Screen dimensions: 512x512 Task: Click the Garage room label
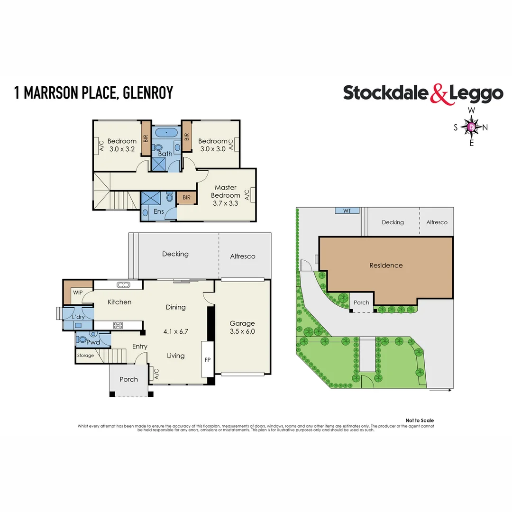[242, 323]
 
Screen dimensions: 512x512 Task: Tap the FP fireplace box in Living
[207, 359]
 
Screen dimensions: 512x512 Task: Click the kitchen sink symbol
[124, 284]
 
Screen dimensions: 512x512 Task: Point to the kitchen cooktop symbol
[118, 325]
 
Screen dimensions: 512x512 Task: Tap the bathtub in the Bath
[165, 132]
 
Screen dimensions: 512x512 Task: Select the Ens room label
[159, 211]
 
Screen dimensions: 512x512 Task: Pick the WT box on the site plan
[347, 210]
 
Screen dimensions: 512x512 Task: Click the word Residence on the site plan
[386, 265]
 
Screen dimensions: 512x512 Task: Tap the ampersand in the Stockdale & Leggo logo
[439, 93]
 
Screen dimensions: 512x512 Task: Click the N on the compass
[485, 127]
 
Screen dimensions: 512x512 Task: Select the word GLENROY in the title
[148, 93]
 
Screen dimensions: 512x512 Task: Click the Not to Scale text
[420, 421]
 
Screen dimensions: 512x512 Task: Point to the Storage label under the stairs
[86, 356]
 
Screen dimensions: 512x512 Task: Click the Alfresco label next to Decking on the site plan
[437, 222]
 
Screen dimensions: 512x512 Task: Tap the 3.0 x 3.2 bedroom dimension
[122, 148]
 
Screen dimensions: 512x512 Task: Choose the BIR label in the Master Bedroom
[186, 198]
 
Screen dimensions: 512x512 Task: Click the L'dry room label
[78, 317]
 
